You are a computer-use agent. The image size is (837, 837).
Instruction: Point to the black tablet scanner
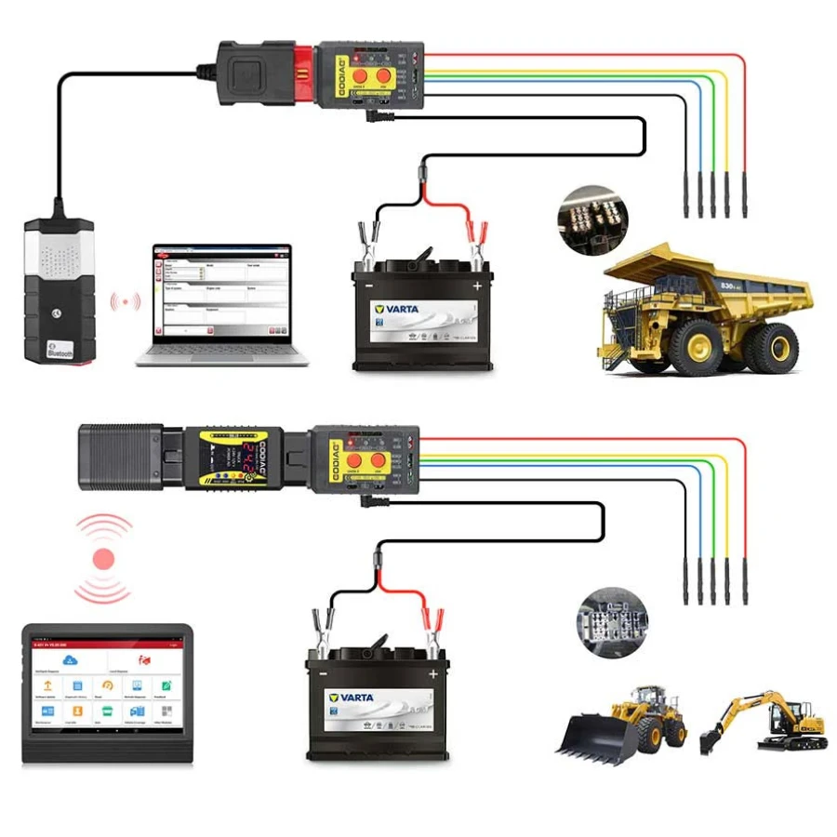click(x=107, y=693)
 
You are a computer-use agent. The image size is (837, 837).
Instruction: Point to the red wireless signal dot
click(x=103, y=559)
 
